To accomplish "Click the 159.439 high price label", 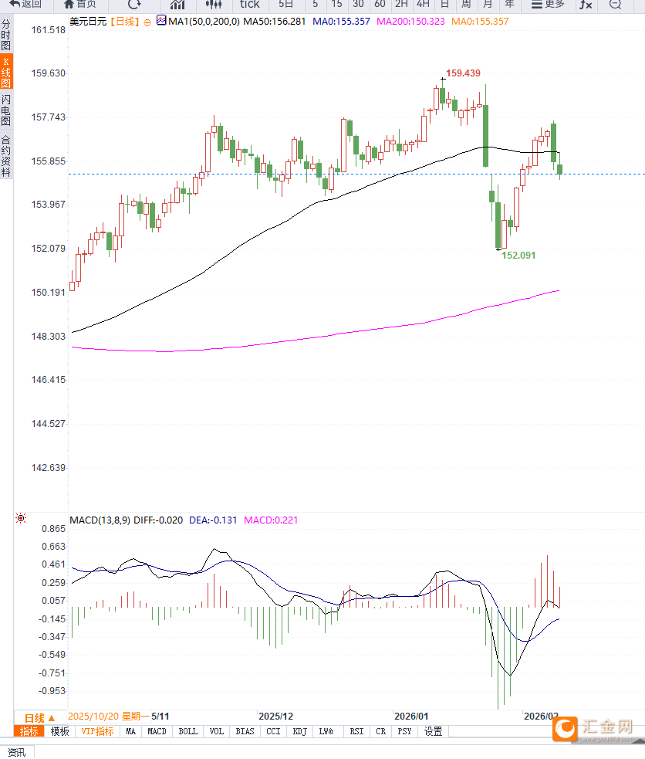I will [463, 73].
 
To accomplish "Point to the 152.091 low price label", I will [518, 255].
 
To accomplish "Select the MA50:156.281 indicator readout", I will [274, 22].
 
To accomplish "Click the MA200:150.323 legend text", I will [410, 22].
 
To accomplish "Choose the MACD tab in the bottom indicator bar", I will [157, 731].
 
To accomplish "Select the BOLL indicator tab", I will [187, 731].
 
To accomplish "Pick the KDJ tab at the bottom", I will [300, 731].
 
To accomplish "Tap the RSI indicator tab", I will [356, 731].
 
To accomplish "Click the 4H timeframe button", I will [423, 4].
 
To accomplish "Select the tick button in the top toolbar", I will [249, 4].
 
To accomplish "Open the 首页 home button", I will [80, 4].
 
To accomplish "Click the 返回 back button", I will [26, 4].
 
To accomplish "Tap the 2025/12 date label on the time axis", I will [275, 717].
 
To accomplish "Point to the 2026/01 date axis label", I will [410, 717].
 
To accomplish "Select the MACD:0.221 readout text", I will [271, 520].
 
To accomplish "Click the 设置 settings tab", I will [433, 731].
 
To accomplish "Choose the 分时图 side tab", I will [6, 36].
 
